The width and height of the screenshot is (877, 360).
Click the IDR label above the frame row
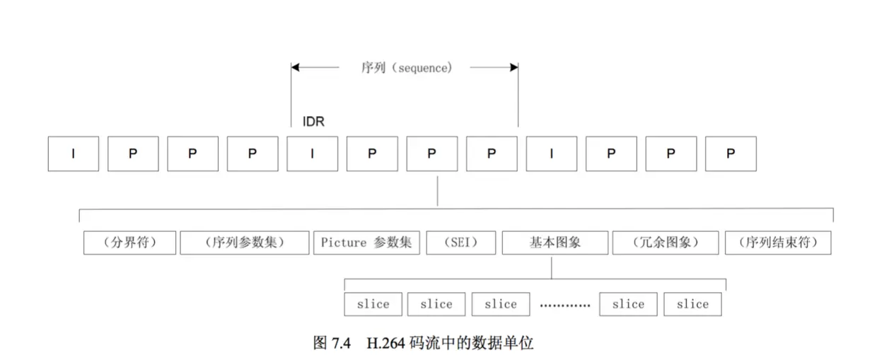click(x=313, y=122)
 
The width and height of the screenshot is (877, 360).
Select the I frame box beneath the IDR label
click(x=313, y=153)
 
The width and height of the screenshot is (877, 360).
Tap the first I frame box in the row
click(x=74, y=153)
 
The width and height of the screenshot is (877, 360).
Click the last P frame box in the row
click(x=731, y=153)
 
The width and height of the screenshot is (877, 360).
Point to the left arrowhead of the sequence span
click(x=295, y=67)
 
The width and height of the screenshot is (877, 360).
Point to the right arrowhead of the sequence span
click(x=514, y=67)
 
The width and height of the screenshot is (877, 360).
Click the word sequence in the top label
click(x=422, y=68)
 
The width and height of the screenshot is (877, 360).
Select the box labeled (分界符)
click(x=129, y=243)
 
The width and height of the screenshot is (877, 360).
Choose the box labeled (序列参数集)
click(x=245, y=243)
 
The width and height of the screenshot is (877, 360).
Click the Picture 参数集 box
click(x=367, y=243)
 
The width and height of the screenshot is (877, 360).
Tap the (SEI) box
click(x=461, y=243)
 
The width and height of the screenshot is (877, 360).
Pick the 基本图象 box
click(x=555, y=243)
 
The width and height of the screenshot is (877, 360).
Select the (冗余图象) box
click(x=666, y=243)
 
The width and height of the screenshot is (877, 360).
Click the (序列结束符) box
click(x=778, y=243)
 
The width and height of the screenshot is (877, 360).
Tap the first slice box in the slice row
click(x=373, y=304)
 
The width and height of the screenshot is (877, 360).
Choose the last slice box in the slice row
click(x=692, y=304)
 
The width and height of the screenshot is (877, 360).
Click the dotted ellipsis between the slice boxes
click(x=565, y=305)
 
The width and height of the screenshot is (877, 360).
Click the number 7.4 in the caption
click(x=341, y=343)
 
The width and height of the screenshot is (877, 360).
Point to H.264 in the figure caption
click(x=385, y=343)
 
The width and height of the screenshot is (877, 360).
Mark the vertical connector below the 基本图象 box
click(x=551, y=267)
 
